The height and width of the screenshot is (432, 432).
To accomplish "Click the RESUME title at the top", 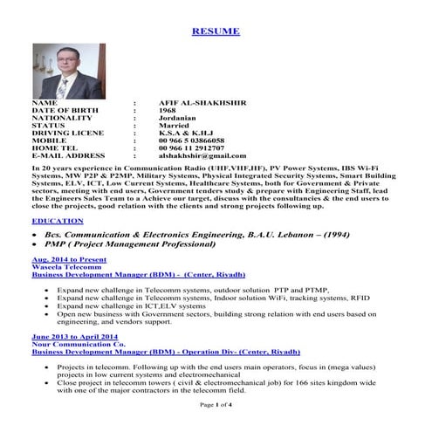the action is pyautogui.click(x=215, y=31).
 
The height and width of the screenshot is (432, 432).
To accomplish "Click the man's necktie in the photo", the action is pyautogui.click(x=63, y=86).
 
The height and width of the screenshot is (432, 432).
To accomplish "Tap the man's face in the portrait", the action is pyautogui.click(x=63, y=63).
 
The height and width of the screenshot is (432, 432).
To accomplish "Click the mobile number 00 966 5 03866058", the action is pyautogui.click(x=191, y=140).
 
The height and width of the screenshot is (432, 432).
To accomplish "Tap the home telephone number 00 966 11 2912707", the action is pyautogui.click(x=193, y=147).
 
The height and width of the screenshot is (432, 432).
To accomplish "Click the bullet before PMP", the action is pyautogui.click(x=35, y=247).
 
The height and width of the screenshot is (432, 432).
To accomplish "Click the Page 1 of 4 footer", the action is pyautogui.click(x=215, y=405).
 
